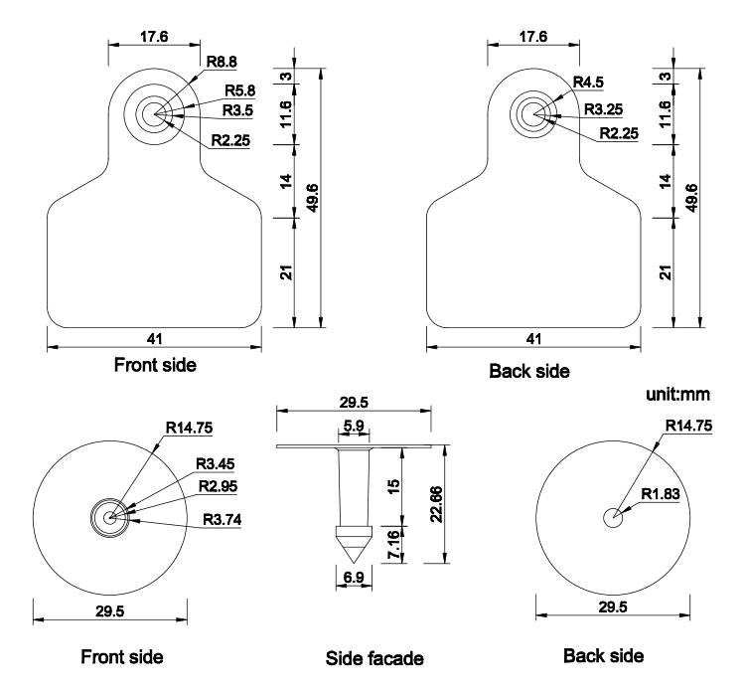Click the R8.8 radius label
pos(223,63)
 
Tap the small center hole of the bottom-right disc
pos(613,517)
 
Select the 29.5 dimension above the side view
pos(354,401)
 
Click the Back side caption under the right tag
pos(529,371)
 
